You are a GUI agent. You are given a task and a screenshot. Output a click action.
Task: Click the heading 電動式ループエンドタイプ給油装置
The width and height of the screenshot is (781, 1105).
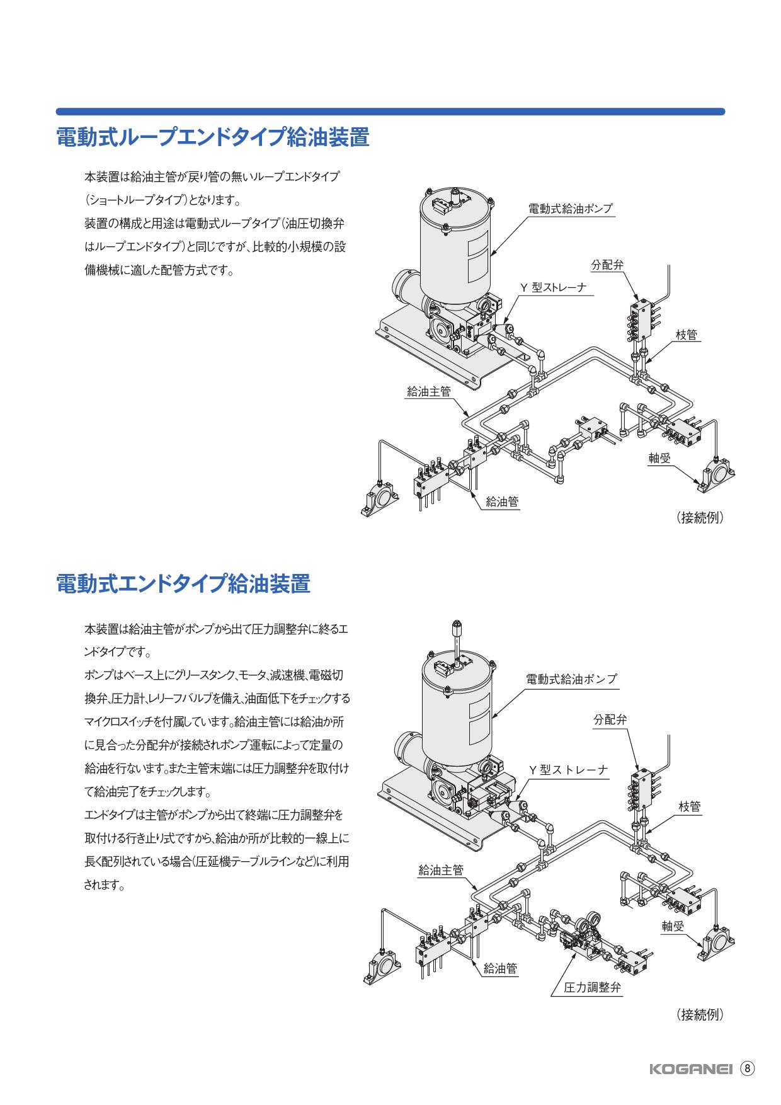(213, 137)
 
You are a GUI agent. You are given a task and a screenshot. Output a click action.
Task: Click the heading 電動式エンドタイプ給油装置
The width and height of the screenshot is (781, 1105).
(183, 583)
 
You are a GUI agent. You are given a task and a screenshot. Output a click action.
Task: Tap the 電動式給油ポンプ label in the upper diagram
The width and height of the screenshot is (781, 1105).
(570, 209)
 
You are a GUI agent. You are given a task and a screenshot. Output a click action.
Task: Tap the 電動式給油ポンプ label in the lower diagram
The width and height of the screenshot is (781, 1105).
(571, 679)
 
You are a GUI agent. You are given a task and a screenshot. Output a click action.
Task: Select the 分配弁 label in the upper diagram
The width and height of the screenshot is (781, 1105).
(607, 265)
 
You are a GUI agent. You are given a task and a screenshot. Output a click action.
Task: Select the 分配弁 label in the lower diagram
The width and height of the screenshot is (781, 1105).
(610, 719)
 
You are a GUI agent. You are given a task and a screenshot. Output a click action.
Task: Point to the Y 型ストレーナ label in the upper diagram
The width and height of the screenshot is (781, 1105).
(552, 287)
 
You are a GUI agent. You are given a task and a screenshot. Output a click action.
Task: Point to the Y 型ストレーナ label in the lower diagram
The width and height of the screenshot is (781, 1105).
(568, 770)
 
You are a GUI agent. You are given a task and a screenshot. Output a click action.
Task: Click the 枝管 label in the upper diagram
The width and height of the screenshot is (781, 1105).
(686, 335)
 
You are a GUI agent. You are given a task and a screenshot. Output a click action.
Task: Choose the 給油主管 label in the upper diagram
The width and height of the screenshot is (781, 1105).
(429, 391)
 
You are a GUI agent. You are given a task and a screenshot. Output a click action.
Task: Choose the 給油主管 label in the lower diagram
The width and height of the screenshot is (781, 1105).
(441, 871)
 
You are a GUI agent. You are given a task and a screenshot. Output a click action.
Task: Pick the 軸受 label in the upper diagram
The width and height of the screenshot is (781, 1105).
(660, 458)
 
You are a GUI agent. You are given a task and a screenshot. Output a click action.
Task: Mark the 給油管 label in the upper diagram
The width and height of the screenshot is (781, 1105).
(502, 501)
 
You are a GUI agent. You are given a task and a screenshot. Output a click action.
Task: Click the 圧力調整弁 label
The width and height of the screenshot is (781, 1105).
(592, 987)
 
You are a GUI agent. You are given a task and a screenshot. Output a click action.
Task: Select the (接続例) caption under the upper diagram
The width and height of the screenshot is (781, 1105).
(700, 518)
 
